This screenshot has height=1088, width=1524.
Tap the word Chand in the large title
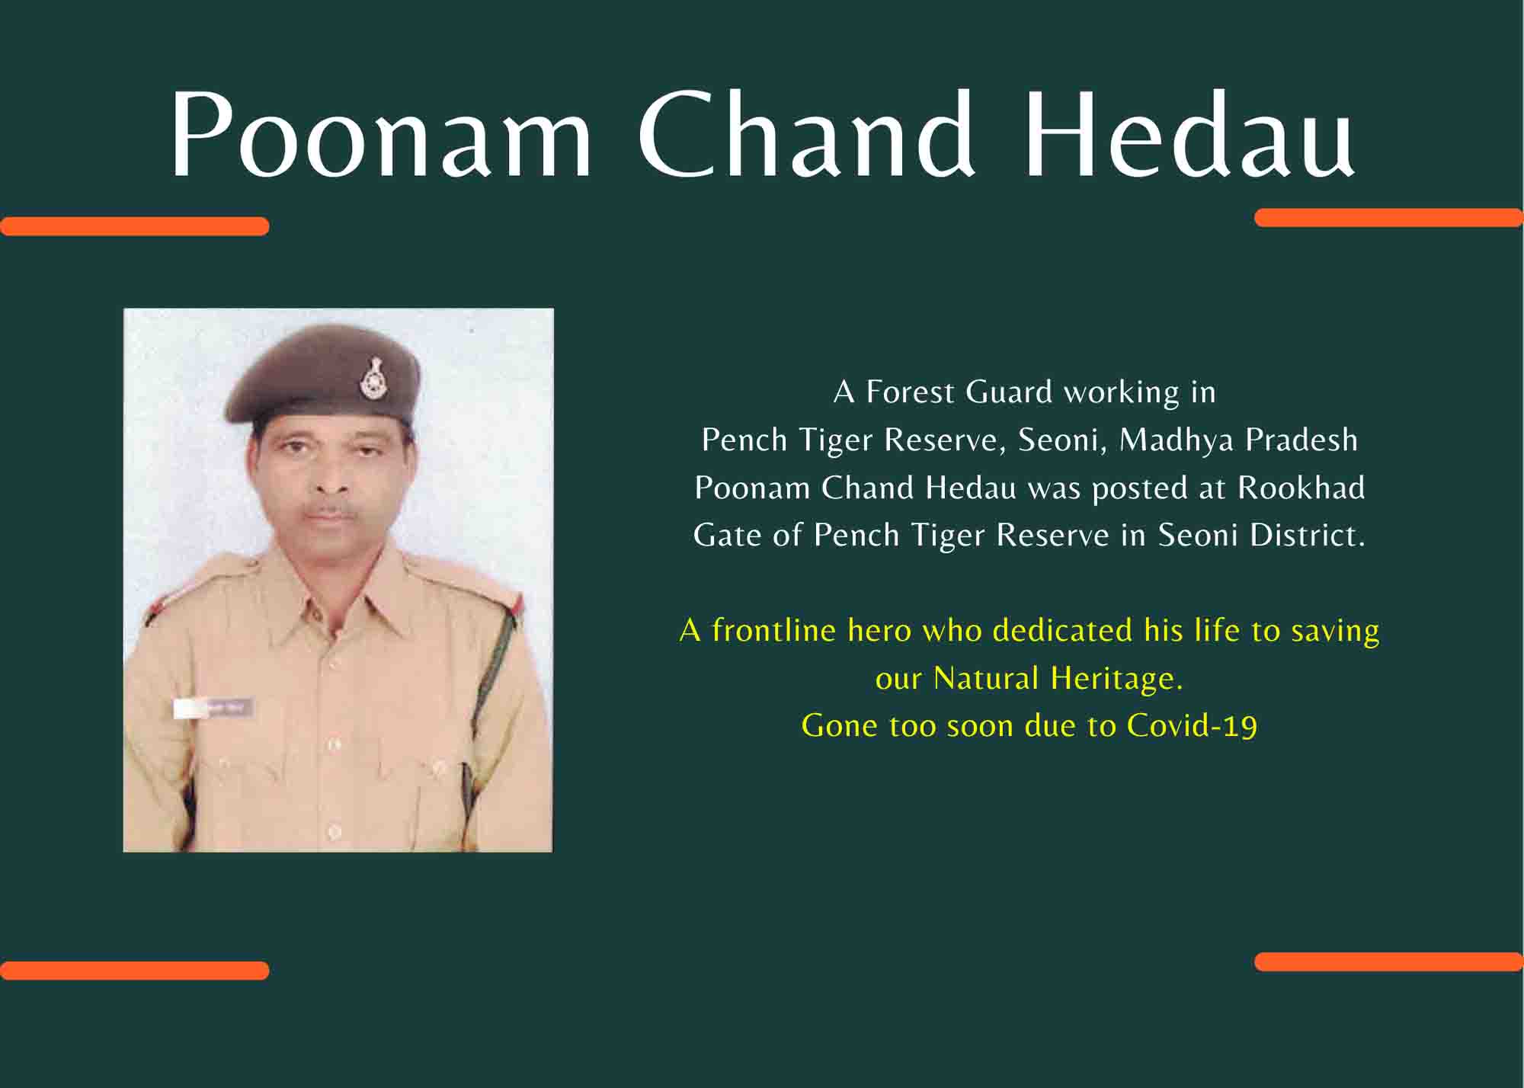(x=807, y=133)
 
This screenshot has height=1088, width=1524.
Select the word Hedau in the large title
(x=1190, y=133)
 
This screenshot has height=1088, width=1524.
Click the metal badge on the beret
(x=373, y=378)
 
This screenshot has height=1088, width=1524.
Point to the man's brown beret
(x=322, y=375)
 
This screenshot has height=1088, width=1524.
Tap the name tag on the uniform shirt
(x=213, y=709)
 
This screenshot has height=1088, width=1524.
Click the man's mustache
(x=329, y=510)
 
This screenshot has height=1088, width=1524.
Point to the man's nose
(x=329, y=476)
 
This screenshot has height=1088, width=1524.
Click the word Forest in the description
(x=910, y=392)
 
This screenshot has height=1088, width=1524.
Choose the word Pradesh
(x=1301, y=440)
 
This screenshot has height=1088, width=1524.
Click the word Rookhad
(x=1301, y=488)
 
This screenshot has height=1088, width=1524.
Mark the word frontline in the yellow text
(x=773, y=630)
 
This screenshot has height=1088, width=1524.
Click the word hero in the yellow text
(x=879, y=631)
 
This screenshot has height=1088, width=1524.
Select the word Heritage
(x=1116, y=678)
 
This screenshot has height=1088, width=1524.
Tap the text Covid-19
(x=1192, y=725)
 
